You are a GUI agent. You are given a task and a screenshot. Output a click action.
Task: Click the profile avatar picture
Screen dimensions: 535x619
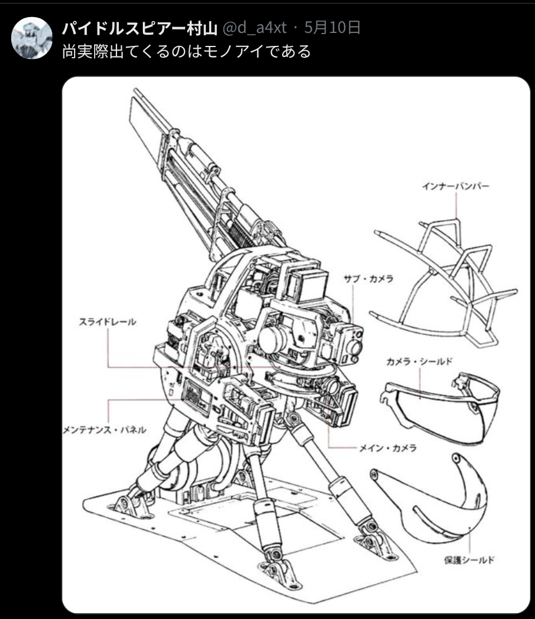[32, 38]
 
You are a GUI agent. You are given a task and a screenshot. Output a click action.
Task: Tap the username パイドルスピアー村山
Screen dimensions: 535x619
[140, 28]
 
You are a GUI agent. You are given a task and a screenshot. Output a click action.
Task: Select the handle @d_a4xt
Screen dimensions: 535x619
[255, 28]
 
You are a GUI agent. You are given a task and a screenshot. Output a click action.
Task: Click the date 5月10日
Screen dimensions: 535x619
[332, 28]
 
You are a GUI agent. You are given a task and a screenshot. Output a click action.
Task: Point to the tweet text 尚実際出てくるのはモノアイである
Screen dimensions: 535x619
[186, 51]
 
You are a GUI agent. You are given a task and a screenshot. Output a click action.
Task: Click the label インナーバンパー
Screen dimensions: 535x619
[455, 186]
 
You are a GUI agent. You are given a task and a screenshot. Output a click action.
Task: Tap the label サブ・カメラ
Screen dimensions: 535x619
[369, 279]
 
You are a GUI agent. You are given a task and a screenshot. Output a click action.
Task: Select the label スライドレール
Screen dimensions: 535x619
[108, 322]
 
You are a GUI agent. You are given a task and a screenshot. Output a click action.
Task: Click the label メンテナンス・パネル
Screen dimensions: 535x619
[105, 430]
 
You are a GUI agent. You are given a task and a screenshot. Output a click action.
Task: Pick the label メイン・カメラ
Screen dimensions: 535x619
[387, 448]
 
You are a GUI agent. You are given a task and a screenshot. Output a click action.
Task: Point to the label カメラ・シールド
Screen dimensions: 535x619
[419, 361]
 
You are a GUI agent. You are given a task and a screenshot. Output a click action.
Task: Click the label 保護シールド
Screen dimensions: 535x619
[469, 560]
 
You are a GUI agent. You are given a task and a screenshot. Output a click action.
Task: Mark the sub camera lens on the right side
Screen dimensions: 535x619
[355, 347]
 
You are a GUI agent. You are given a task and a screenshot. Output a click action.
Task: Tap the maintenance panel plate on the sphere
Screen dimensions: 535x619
[196, 396]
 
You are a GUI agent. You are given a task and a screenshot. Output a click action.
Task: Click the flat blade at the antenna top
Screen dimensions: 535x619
[146, 130]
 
